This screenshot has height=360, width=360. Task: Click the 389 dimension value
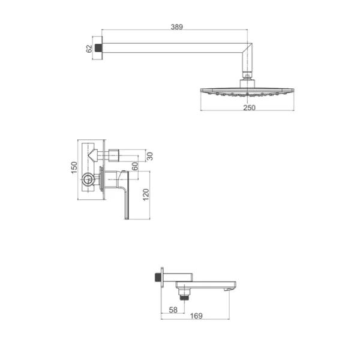coord(177,27)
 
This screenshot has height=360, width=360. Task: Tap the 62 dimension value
coord(89,49)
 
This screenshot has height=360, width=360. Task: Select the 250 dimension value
coord(250,107)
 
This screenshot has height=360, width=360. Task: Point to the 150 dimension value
coord(74,167)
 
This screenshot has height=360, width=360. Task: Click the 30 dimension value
coord(149,157)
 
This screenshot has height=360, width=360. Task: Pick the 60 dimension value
coord(135,166)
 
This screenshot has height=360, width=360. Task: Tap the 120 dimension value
coord(146,194)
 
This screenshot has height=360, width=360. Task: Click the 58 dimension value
coord(173,310)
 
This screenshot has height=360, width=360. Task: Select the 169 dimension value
coord(196,316)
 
